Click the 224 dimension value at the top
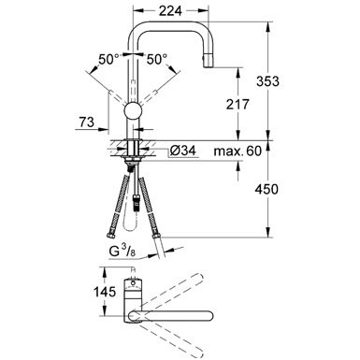[170, 11]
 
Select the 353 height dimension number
[267, 81]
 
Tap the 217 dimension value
[238, 105]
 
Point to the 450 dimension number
[266, 189]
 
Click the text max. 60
[238, 151]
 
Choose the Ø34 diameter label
[183, 151]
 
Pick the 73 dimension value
[86, 122]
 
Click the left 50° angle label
[108, 59]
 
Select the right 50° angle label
[157, 59]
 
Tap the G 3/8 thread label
[122, 251]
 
